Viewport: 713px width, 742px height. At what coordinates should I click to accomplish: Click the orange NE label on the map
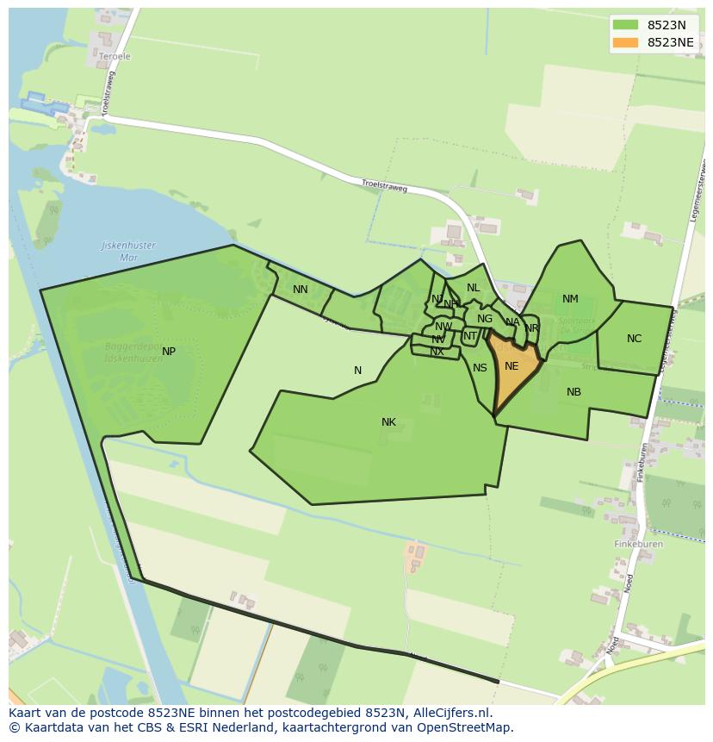[x=512, y=366]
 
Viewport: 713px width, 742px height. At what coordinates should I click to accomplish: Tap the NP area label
[x=169, y=352]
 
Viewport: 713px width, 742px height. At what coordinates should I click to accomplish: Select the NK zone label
[x=388, y=422]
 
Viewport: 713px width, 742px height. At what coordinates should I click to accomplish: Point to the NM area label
[x=570, y=300]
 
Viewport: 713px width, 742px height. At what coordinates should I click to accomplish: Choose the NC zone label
[x=634, y=339]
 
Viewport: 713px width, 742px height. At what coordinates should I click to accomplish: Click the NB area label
[x=573, y=392]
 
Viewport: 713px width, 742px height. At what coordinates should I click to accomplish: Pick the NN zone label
[x=300, y=290]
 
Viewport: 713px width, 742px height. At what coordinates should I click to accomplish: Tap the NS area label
[x=480, y=368]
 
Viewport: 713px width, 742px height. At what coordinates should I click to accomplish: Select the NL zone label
[x=473, y=288]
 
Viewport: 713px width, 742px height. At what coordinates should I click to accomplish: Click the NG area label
[x=485, y=319]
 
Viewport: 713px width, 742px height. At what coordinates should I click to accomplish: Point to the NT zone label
[x=470, y=336]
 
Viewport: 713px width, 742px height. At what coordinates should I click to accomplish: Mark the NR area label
[x=531, y=328]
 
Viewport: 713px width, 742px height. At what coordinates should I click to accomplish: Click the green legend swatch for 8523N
[x=626, y=25]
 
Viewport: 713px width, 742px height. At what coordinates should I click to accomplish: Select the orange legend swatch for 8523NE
[x=626, y=42]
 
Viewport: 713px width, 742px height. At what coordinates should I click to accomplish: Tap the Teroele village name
[x=115, y=57]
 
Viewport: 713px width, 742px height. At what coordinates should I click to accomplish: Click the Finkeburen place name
[x=638, y=545]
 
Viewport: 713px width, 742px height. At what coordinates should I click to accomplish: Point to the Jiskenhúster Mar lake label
[x=129, y=251]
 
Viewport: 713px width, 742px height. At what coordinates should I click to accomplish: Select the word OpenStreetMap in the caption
[x=466, y=727]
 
